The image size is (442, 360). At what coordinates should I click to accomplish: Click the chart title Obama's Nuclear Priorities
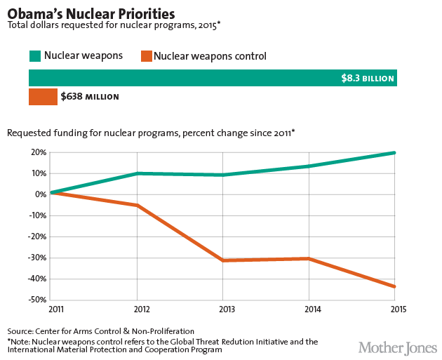91,13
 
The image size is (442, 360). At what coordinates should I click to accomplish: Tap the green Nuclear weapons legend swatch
35,55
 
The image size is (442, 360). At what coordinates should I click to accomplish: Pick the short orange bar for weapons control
42,96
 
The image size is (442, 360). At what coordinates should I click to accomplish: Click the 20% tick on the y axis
38,152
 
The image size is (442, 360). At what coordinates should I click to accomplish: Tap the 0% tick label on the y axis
39,194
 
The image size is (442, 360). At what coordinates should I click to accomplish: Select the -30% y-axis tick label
36,258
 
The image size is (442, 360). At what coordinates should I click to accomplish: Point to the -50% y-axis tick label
36,300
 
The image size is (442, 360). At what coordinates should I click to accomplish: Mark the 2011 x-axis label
55,309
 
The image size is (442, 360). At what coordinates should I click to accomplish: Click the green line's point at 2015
396,152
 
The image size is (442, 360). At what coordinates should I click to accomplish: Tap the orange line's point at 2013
222,260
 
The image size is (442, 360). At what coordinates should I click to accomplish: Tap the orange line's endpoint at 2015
396,286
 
